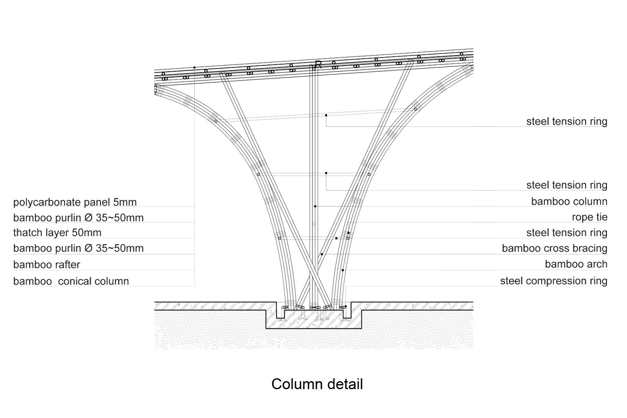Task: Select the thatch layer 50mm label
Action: click(57, 233)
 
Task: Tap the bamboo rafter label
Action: click(46, 265)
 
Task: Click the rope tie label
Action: click(589, 217)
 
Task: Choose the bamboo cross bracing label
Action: click(554, 248)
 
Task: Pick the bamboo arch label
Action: click(576, 264)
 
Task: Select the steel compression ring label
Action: click(553, 281)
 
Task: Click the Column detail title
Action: click(317, 384)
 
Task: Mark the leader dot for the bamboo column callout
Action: click(315, 206)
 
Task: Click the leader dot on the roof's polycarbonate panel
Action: click(194, 68)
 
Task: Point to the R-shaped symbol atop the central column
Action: click(318, 64)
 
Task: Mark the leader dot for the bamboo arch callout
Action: click(343, 270)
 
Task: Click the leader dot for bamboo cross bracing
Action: click(322, 254)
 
